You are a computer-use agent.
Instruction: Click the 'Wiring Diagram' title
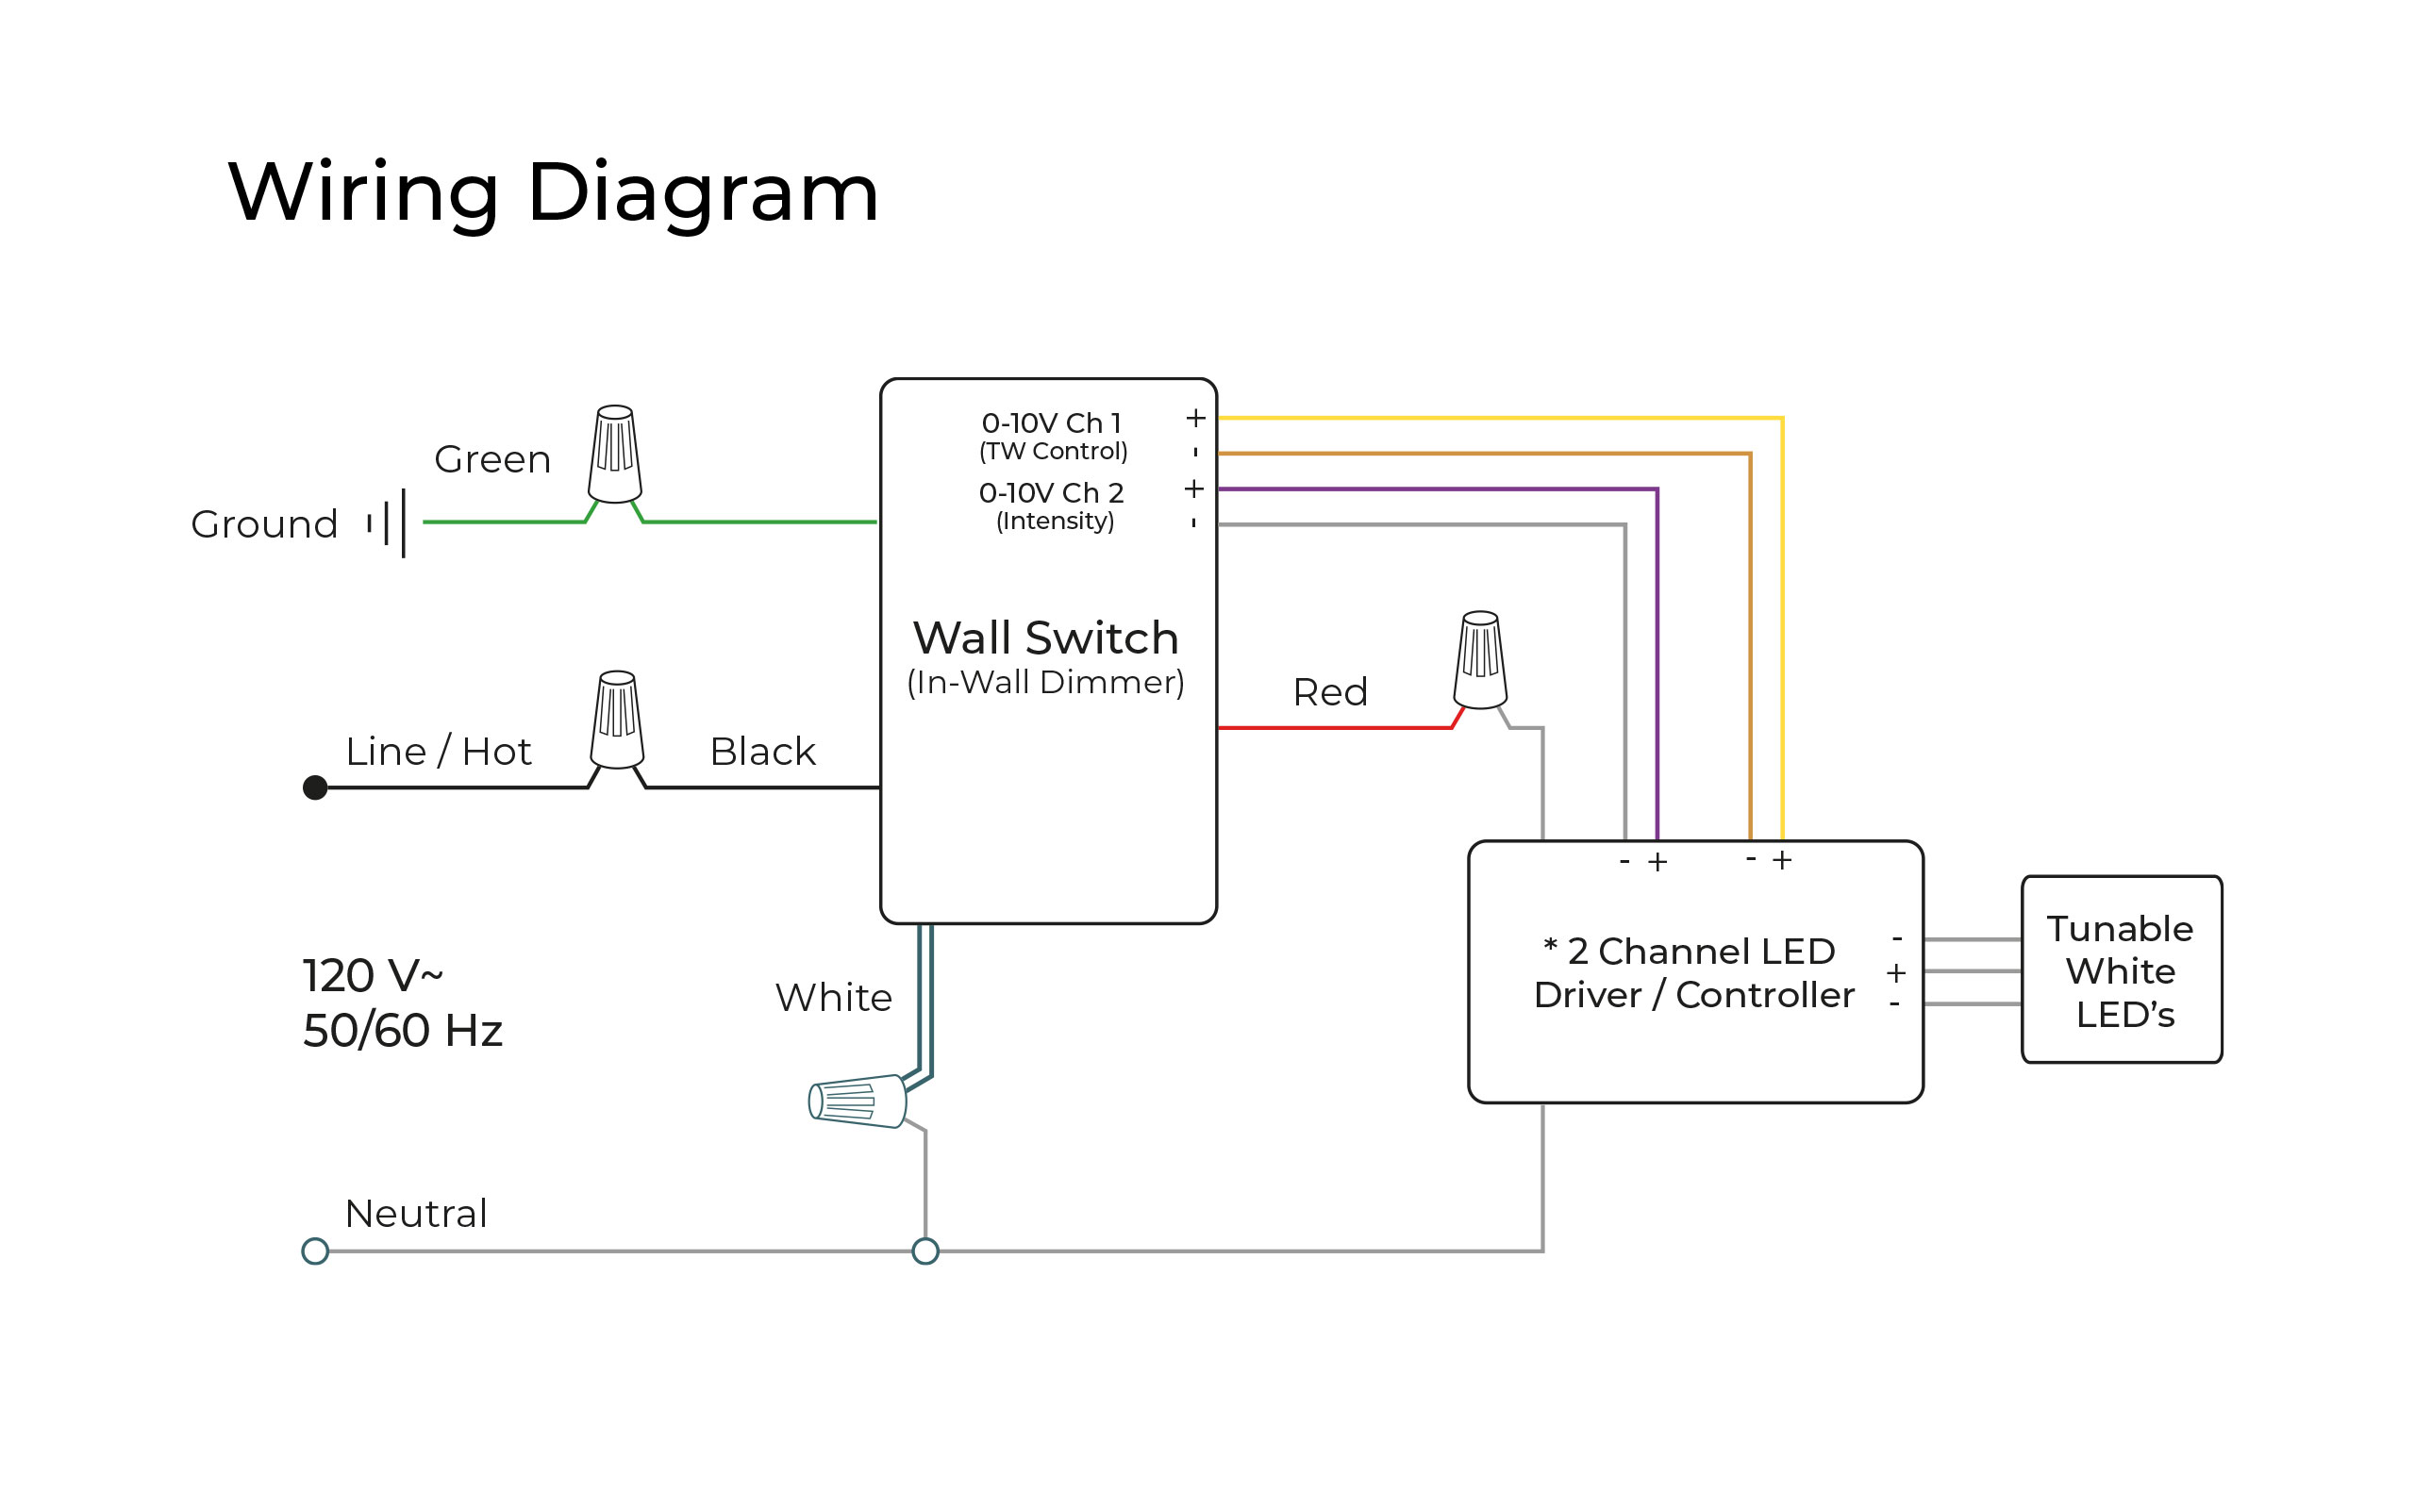click(552, 192)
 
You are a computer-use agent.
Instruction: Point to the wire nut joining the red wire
click(1479, 660)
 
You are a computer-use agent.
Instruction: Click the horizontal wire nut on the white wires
click(856, 1101)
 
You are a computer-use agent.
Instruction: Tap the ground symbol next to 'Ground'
click(388, 522)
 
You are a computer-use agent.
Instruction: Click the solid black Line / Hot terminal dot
click(314, 787)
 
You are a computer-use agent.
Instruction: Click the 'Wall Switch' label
click(1045, 638)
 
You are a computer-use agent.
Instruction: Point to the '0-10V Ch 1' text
click(1051, 423)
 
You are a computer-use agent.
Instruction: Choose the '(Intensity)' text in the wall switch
click(1054, 521)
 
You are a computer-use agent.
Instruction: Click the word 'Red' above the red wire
click(1329, 692)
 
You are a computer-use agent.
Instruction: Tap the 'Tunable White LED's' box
click(2120, 970)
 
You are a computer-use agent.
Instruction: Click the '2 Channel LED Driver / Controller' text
click(1693, 972)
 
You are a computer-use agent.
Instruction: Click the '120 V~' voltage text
click(372, 975)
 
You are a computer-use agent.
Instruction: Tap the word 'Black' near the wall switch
click(762, 752)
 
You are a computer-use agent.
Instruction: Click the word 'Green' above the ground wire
click(492, 459)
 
